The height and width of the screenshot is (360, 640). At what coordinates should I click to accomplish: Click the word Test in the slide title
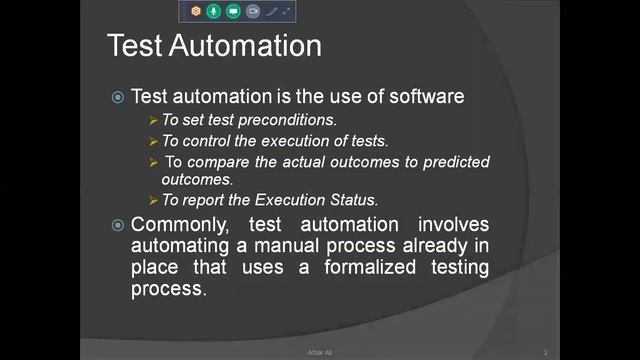[136, 46]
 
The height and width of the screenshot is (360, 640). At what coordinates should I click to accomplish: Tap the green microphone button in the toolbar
[214, 11]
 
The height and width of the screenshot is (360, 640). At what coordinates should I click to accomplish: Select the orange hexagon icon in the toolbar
[196, 11]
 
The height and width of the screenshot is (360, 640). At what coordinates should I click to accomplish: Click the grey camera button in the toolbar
[253, 11]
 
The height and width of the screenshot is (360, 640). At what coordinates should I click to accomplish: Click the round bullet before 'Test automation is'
[118, 97]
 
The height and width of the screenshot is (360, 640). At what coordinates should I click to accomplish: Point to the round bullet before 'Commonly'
[118, 225]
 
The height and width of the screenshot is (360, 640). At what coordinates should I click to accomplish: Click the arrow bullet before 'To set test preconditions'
[154, 120]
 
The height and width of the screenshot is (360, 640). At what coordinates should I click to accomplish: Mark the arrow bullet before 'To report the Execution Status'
[154, 200]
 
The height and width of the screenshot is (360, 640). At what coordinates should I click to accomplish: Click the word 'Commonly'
[177, 225]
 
